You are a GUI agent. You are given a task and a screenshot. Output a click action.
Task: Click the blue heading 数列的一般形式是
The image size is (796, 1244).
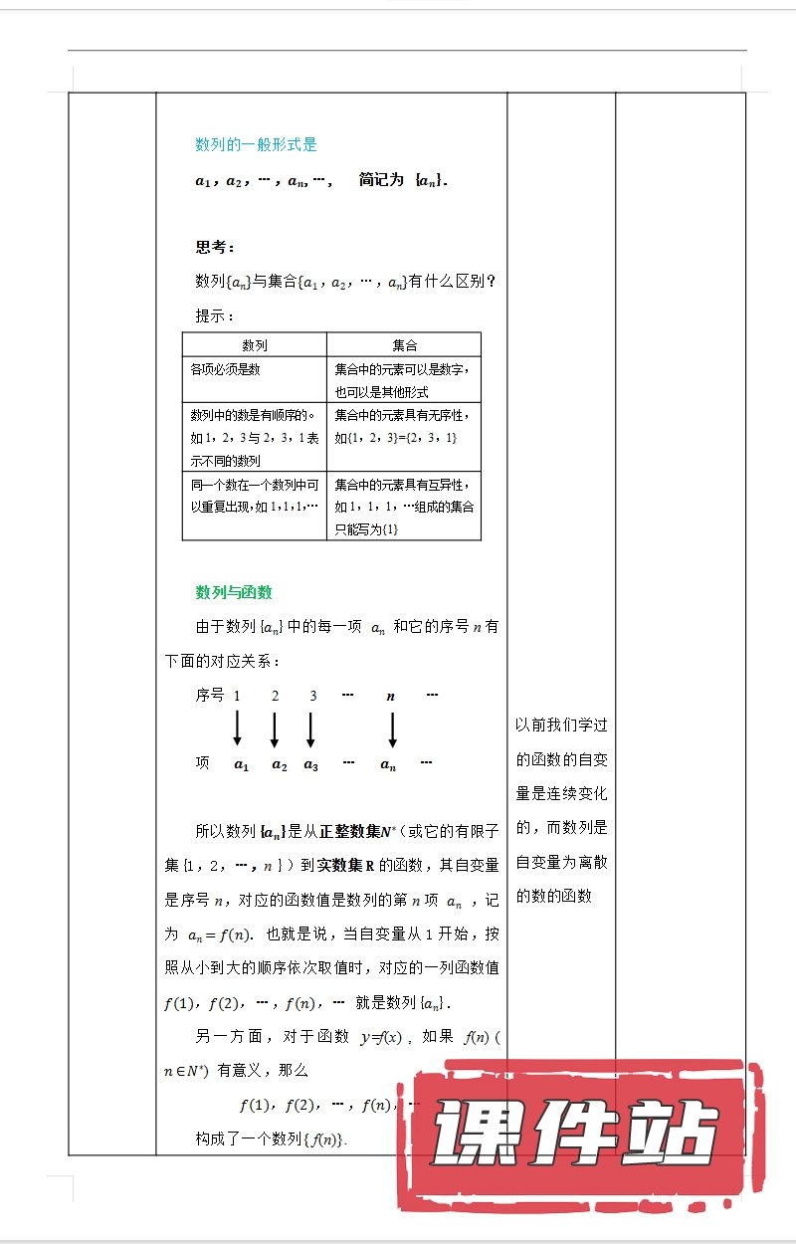(x=256, y=144)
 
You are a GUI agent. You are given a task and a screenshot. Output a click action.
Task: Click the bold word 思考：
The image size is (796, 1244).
(x=215, y=248)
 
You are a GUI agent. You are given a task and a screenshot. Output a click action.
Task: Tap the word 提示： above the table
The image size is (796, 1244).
(x=214, y=315)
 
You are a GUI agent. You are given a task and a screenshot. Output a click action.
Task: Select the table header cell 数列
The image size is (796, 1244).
(x=255, y=345)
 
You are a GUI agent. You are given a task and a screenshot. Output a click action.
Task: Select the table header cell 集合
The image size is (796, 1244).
(x=404, y=345)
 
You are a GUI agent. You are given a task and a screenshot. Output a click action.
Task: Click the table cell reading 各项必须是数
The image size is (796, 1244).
(x=226, y=369)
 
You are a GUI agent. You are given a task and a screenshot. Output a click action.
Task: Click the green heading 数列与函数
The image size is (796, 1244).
(x=234, y=592)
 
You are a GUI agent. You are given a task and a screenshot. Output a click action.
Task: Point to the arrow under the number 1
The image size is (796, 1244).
(x=237, y=729)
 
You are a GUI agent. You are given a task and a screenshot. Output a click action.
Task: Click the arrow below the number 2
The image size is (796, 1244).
(x=275, y=729)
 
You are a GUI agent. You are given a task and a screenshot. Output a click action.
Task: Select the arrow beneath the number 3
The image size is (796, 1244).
(x=311, y=729)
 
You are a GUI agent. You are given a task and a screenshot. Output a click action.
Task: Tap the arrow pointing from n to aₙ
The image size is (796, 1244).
(x=392, y=729)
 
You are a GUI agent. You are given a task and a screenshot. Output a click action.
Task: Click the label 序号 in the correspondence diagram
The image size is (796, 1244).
(x=210, y=696)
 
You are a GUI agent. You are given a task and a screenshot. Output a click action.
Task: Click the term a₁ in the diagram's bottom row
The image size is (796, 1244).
(x=240, y=764)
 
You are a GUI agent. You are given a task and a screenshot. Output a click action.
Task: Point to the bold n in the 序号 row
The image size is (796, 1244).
(x=390, y=697)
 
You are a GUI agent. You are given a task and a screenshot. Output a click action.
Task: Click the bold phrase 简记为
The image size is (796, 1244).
(x=381, y=181)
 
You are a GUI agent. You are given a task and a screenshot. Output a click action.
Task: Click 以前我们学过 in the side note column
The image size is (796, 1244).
(x=561, y=726)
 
